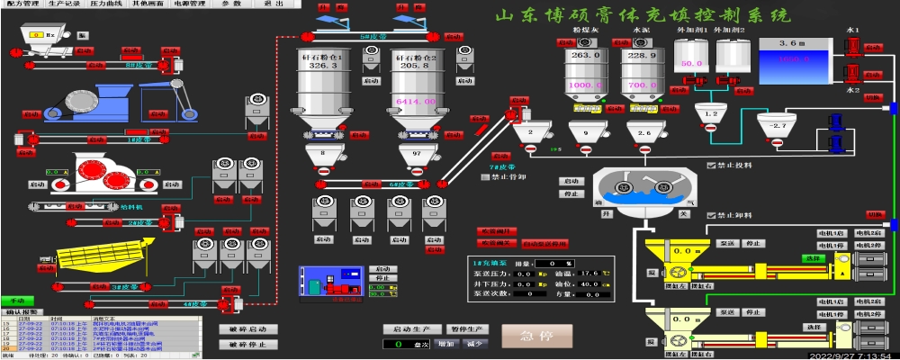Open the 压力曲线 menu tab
click(106, 4)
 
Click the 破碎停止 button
click(247, 345)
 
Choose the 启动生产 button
click(413, 329)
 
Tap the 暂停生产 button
click(467, 329)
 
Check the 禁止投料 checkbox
click(712, 166)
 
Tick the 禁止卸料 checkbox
click(712, 216)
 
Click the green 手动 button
click(17, 300)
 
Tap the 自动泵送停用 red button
click(546, 244)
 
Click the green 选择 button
click(814, 259)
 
